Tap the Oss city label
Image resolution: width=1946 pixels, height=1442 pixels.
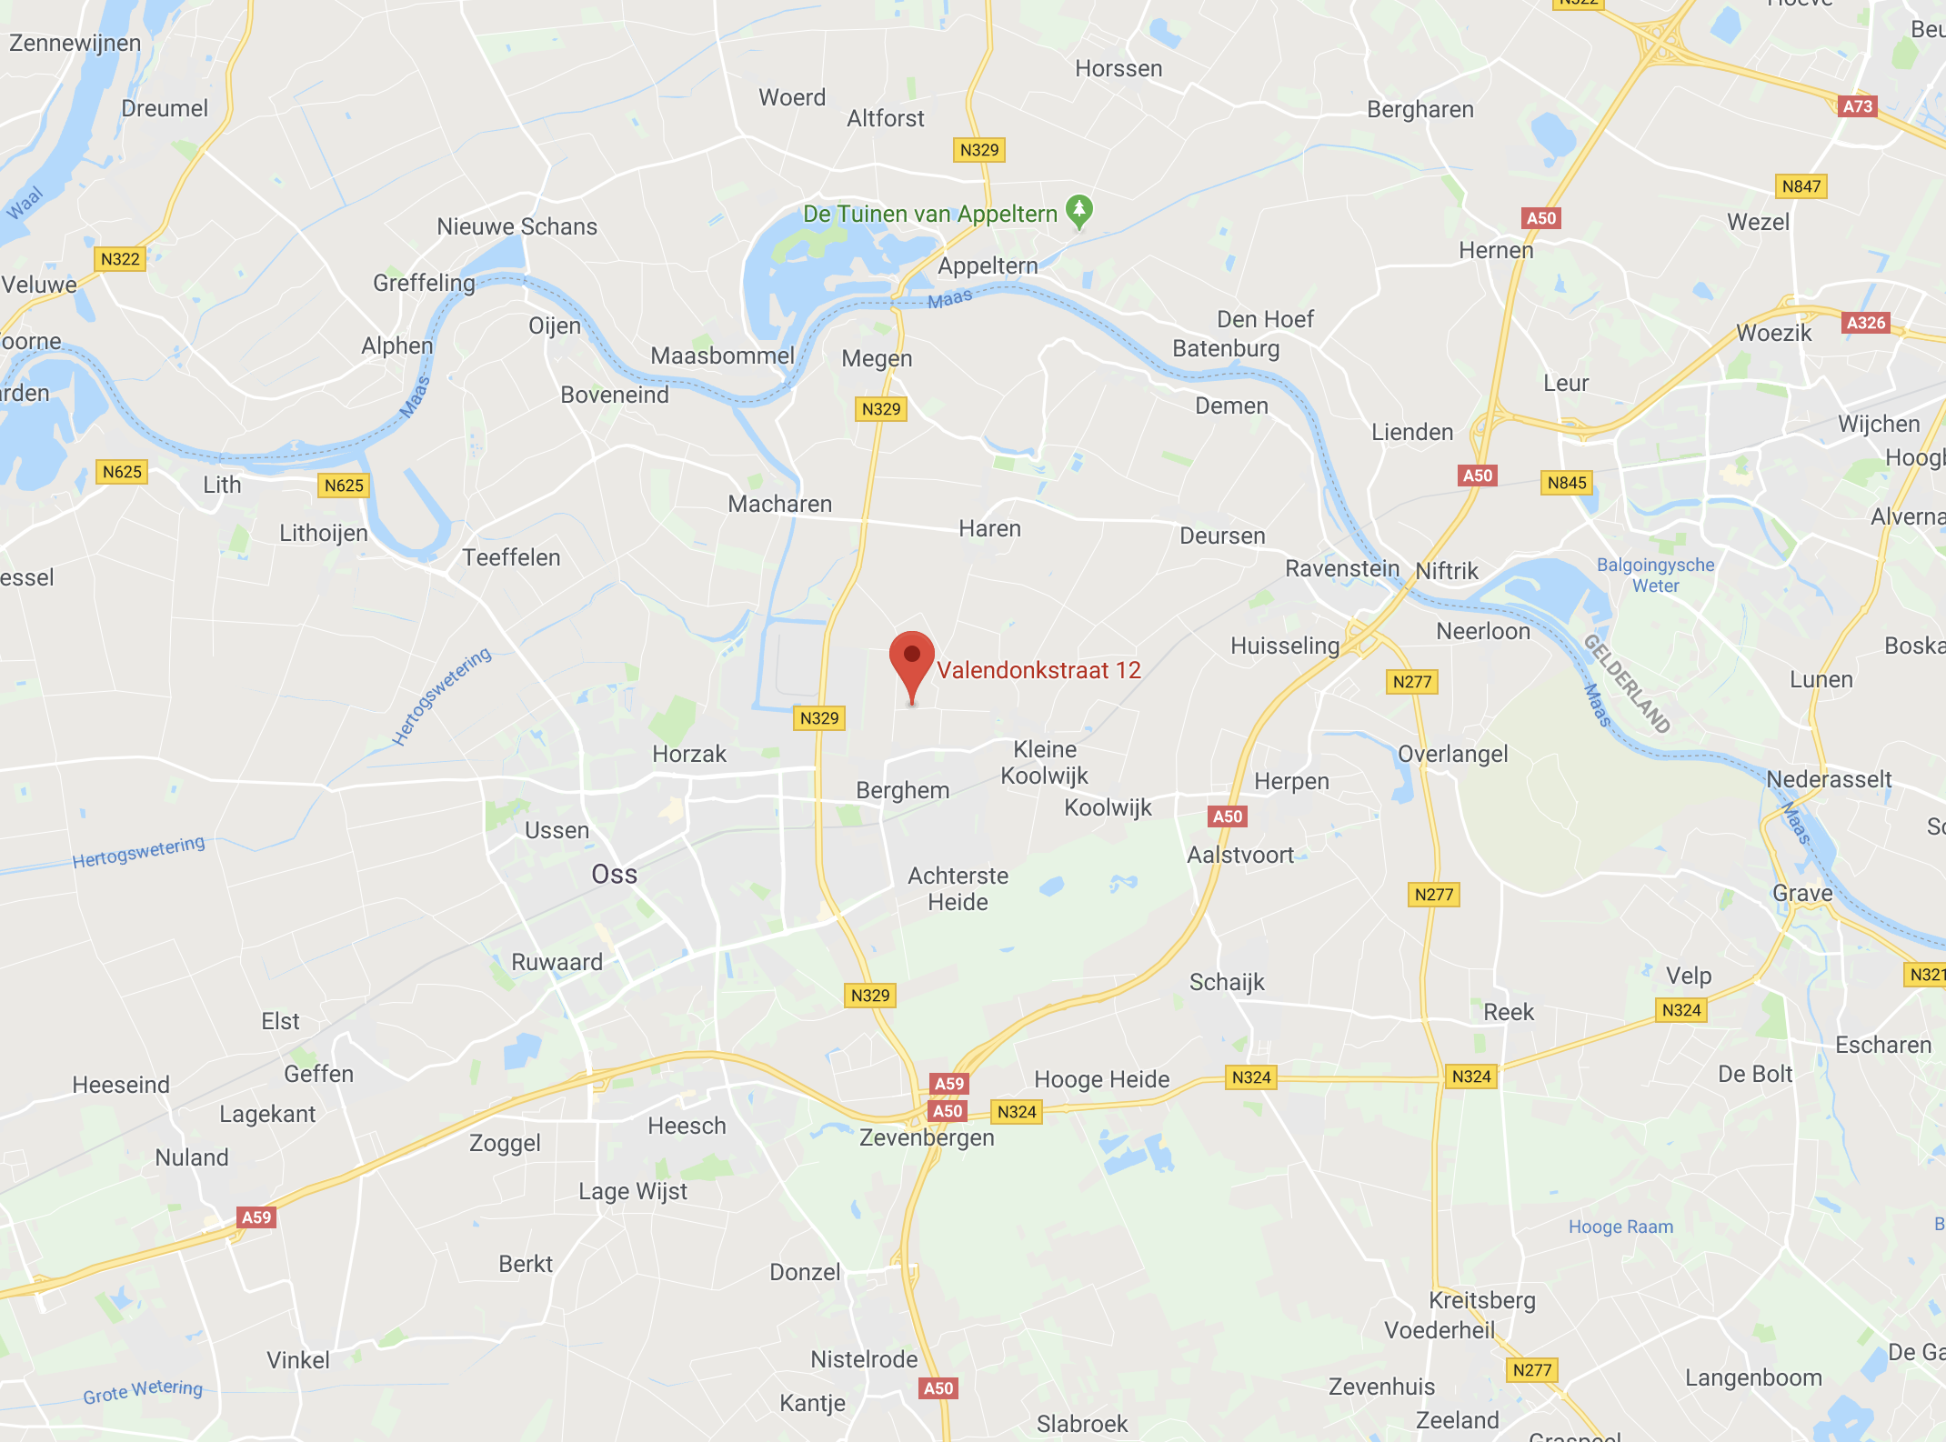point(614,875)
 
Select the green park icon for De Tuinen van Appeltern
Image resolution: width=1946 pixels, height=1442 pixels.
point(1078,211)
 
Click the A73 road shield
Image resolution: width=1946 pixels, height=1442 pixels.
point(1857,106)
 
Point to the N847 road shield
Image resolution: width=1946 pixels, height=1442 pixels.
point(1801,186)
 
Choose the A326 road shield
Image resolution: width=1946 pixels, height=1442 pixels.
point(1866,323)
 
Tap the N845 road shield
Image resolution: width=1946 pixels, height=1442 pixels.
point(1567,483)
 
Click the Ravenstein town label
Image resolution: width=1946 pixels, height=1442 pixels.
point(1341,569)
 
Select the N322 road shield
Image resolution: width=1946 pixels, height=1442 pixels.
point(120,259)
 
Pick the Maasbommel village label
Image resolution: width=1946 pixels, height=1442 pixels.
point(722,355)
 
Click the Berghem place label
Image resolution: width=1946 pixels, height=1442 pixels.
point(902,790)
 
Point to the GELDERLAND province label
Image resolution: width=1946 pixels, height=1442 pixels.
point(1627,684)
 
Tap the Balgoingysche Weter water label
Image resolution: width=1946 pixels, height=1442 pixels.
point(1655,576)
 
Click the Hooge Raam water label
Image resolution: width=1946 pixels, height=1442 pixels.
point(1620,1227)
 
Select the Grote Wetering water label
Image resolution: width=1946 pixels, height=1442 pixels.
point(143,1391)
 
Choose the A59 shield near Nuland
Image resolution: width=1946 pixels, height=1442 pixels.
point(256,1217)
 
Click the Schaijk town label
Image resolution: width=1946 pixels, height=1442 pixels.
point(1227,982)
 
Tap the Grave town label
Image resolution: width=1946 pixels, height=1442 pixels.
point(1802,893)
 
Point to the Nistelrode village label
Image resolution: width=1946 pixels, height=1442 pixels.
point(864,1359)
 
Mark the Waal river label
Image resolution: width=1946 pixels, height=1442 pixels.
point(25,203)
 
